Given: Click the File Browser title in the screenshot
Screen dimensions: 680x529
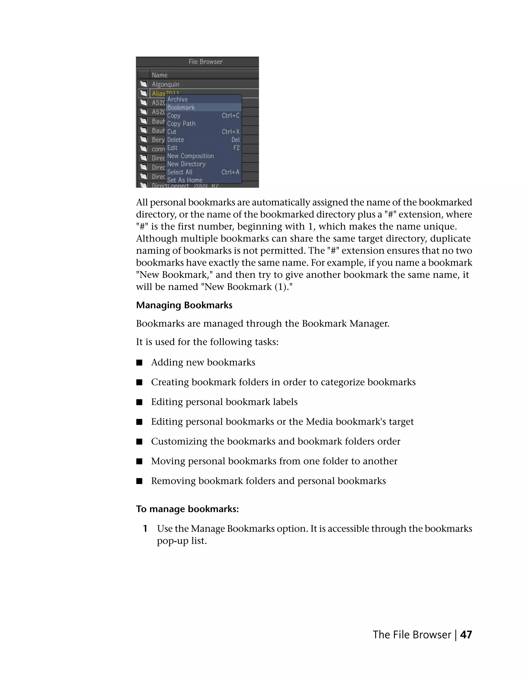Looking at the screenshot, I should click(x=206, y=62).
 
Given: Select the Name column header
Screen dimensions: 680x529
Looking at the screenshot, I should click(x=159, y=75).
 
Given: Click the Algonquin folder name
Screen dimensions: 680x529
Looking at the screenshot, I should click(x=165, y=84).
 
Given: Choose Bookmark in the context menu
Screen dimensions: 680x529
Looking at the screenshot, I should click(x=181, y=107).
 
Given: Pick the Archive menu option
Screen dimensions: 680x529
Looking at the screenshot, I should click(x=177, y=99).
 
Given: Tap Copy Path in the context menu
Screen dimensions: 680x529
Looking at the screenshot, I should click(x=181, y=124).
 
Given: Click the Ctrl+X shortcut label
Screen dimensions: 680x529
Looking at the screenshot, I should click(x=230, y=132).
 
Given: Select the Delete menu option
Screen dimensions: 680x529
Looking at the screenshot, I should click(x=176, y=140).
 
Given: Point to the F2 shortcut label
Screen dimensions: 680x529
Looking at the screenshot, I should click(x=236, y=148).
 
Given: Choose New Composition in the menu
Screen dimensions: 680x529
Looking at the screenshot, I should click(x=191, y=156).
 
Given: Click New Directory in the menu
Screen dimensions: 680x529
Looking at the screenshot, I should click(x=186, y=164).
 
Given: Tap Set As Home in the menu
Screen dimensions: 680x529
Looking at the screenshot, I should click(x=185, y=180).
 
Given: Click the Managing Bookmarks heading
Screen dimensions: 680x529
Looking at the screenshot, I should click(x=184, y=305).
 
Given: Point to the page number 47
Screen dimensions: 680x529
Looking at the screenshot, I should click(x=466, y=635).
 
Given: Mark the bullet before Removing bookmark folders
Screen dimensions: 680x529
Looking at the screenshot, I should click(x=139, y=481).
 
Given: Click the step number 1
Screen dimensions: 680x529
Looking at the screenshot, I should click(x=145, y=529).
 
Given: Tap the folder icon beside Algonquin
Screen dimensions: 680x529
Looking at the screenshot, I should click(x=144, y=84).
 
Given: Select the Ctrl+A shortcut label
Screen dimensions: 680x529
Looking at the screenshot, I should click(x=230, y=172).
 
